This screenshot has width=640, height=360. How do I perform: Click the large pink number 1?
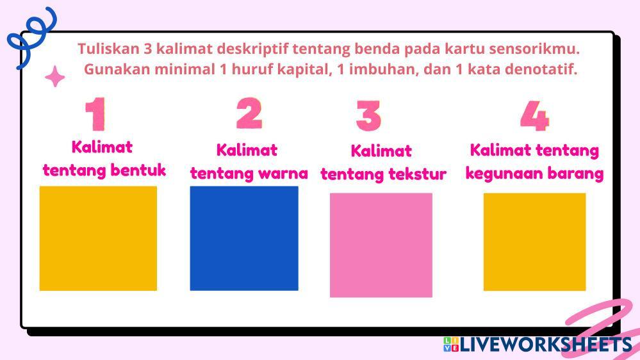96,114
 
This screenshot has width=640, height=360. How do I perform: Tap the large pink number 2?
249,113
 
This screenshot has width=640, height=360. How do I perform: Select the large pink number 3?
368,115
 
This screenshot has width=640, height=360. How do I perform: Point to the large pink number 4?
535,116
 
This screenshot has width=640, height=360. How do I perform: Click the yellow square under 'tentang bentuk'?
98,238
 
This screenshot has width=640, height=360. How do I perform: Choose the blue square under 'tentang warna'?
244,238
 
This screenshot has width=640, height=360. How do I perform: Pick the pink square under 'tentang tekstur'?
381,245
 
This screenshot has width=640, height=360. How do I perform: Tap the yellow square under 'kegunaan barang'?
535,241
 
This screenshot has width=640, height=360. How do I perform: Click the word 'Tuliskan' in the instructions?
108,49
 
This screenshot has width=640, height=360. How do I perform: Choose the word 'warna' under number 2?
283,174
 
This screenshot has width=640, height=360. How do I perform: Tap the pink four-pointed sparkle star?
54,76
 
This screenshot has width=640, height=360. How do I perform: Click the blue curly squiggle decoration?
32,37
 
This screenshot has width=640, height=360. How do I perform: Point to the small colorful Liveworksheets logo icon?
451,344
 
